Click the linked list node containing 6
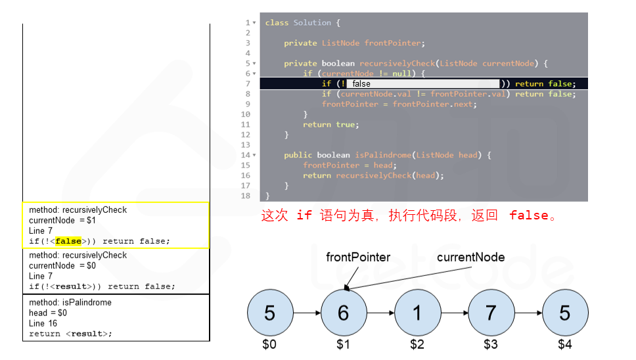tap(343, 313)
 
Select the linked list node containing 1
tap(417, 313)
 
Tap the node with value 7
tap(490, 313)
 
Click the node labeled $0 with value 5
tap(269, 313)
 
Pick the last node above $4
tap(564, 313)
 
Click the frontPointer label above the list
tap(358, 257)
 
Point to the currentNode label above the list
tap(470, 257)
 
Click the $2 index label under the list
tap(417, 344)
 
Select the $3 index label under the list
tap(491, 344)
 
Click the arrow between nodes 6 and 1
tap(380, 313)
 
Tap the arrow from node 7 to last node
tap(528, 313)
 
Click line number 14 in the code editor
tap(246, 155)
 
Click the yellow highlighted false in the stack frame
tap(68, 241)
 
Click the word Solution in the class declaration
tap(312, 23)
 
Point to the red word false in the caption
tap(528, 215)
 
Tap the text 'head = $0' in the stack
tap(48, 313)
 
